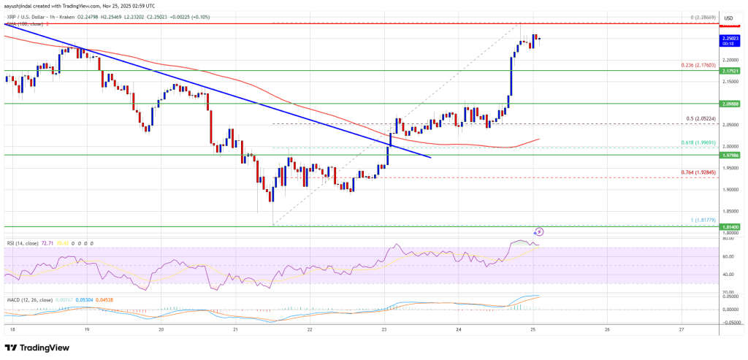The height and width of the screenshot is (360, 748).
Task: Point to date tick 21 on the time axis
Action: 235,329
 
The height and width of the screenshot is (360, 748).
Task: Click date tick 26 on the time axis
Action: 607,329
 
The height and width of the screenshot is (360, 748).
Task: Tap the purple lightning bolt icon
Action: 539,231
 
